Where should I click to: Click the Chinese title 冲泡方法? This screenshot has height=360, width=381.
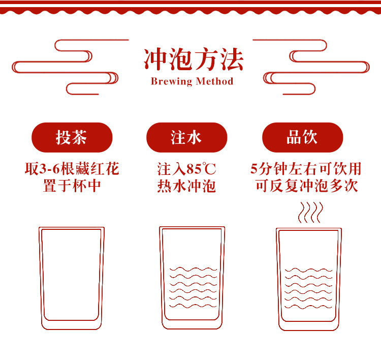194,59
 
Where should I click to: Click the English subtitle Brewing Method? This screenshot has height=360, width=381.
192,81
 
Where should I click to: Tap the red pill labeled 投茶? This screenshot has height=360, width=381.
72,137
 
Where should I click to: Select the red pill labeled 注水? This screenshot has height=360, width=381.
186,137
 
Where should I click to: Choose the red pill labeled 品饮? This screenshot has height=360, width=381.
303,137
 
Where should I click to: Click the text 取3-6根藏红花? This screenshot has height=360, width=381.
72,169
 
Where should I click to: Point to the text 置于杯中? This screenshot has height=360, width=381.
72,186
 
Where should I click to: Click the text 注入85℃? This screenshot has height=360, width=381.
186,169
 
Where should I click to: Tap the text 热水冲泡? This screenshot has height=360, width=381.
186,186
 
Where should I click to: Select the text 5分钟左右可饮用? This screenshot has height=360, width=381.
306,169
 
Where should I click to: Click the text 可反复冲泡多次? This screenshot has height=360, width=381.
307,186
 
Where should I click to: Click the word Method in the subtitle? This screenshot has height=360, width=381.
214,81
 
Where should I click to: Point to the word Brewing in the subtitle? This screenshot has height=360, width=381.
172,81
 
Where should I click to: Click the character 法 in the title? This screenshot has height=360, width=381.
232,59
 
